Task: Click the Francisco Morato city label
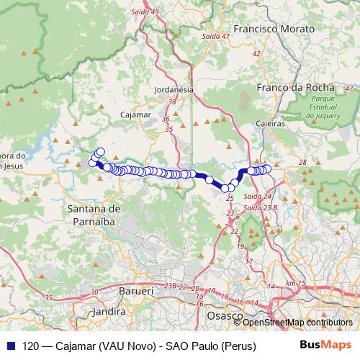[x=274, y=29]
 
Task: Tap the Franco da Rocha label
[x=285, y=88]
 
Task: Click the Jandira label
[x=109, y=312]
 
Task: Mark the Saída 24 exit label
[x=257, y=196]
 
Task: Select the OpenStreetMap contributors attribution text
[x=298, y=322]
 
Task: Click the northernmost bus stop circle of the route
[x=100, y=151]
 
